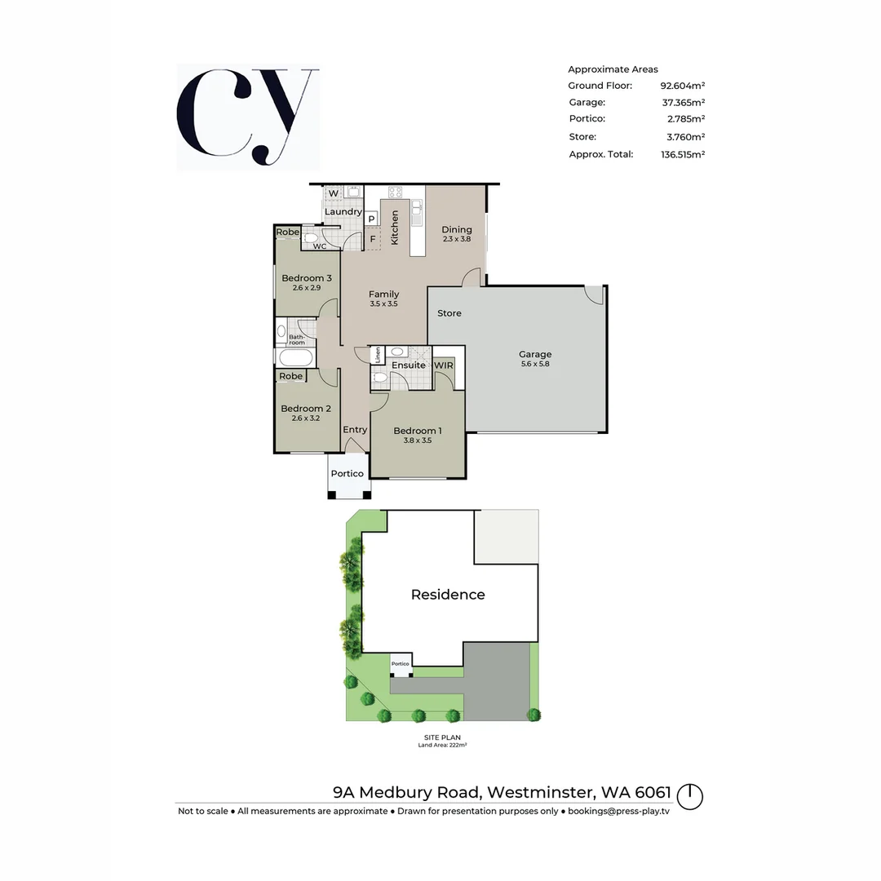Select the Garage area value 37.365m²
[683, 103]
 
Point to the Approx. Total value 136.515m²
[683, 154]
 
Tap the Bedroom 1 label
[418, 431]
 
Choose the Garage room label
[535, 354]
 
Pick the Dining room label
[457, 229]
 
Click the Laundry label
[343, 212]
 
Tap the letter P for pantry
[371, 219]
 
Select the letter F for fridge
[373, 239]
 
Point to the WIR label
[444, 365]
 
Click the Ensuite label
[408, 365]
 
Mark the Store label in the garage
[449, 313]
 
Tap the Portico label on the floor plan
[347, 474]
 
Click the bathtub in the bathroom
[294, 358]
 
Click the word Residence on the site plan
[448, 595]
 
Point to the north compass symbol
[689, 795]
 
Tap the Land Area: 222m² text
[442, 745]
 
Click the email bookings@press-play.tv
[618, 811]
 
